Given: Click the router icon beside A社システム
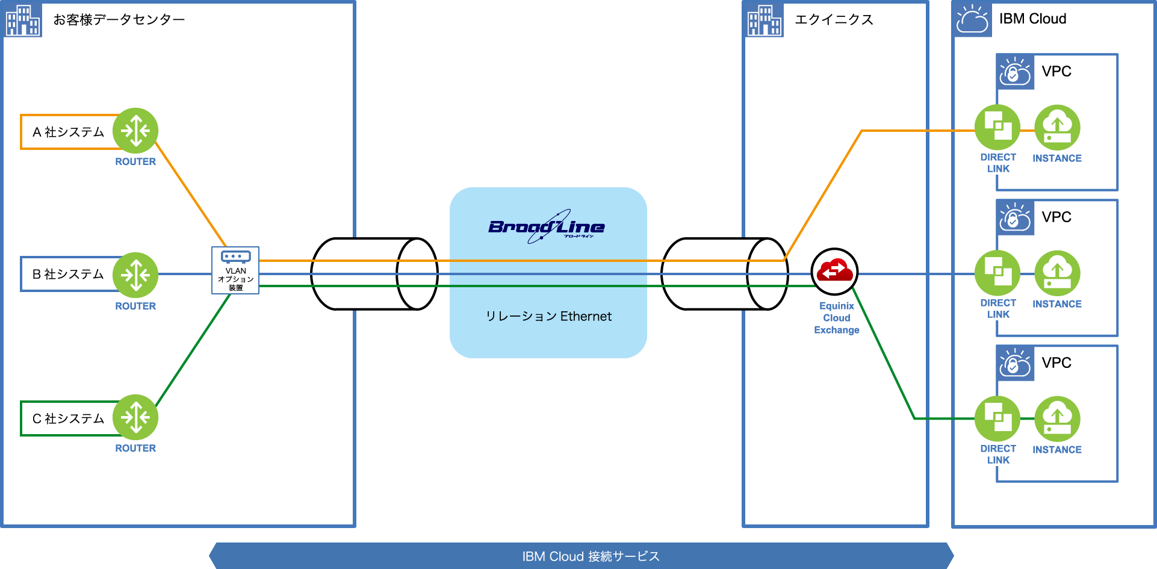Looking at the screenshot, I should tap(135, 131).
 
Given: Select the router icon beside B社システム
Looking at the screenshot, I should tap(135, 275).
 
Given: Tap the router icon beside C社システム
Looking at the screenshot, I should tap(135, 417).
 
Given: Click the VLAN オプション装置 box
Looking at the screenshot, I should tap(235, 270).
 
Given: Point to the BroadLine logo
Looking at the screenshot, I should tap(547, 227).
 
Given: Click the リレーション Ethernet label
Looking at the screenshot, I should tap(548, 316).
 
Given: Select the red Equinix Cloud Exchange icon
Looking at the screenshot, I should tap(834, 272).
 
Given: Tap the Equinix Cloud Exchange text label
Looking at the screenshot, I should tap(837, 318).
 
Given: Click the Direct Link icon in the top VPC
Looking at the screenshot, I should tap(997, 128).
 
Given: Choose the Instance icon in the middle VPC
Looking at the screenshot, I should tap(1057, 273).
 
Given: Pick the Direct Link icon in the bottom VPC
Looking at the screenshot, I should tap(997, 418).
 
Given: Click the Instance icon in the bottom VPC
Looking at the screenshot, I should tap(1057, 418).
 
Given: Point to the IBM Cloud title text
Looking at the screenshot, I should tap(1032, 19).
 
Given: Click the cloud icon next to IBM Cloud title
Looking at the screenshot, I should tap(972, 20).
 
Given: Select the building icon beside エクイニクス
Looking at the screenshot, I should tap(765, 20).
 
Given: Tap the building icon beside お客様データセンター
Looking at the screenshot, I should tap(23, 20).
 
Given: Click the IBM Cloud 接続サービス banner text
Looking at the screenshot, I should tap(591, 556).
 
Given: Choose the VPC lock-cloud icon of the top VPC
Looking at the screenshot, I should tap(1015, 72).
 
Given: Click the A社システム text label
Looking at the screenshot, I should tap(68, 132).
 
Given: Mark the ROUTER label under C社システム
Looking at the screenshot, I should tap(135, 448).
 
